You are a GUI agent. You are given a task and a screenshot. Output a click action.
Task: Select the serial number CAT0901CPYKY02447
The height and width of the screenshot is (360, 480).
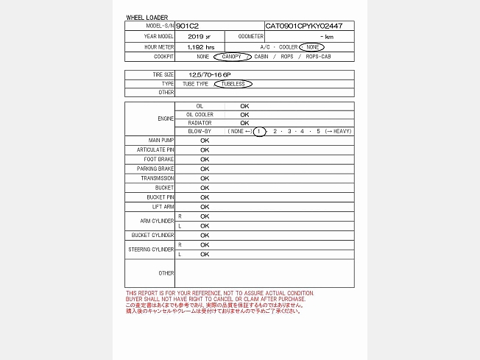[298, 26]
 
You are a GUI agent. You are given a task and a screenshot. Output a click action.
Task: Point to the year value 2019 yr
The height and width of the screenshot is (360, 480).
[199, 36]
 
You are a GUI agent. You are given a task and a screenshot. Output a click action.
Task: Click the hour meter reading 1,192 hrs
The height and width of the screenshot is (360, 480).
[200, 46]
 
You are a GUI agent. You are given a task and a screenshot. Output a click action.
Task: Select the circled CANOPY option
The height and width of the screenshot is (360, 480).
[232, 57]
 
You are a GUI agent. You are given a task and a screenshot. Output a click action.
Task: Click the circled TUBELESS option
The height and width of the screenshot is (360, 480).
[233, 84]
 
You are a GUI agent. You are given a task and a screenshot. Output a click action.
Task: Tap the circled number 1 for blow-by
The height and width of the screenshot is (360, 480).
[258, 131]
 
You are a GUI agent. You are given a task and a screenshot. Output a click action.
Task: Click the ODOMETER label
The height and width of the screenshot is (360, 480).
[250, 36]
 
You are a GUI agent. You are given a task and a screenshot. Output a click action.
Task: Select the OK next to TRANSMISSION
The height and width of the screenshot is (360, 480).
[205, 178]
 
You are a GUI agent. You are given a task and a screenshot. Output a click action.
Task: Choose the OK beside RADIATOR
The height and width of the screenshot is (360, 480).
[244, 123]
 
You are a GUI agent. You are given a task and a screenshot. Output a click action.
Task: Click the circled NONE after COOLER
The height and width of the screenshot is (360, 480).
[311, 46]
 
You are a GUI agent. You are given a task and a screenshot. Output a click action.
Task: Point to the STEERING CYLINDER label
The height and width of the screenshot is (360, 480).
[152, 250]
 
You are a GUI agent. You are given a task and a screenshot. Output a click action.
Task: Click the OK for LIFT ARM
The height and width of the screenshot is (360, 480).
[205, 207]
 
